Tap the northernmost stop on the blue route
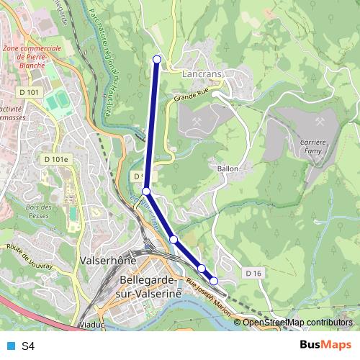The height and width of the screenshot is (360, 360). coord(157,59)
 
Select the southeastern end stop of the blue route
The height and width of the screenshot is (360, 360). coord(214,281)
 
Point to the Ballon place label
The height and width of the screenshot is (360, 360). coord(228,168)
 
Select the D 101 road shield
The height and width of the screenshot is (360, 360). coord(30,91)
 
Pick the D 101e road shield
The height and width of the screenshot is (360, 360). coord(55,159)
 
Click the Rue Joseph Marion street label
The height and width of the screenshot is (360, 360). coord(208,297)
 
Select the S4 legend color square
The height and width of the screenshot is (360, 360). coord(10,346)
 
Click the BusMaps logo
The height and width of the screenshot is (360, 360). coord(325,346)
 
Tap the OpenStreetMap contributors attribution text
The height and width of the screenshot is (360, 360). coord(297,323)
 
